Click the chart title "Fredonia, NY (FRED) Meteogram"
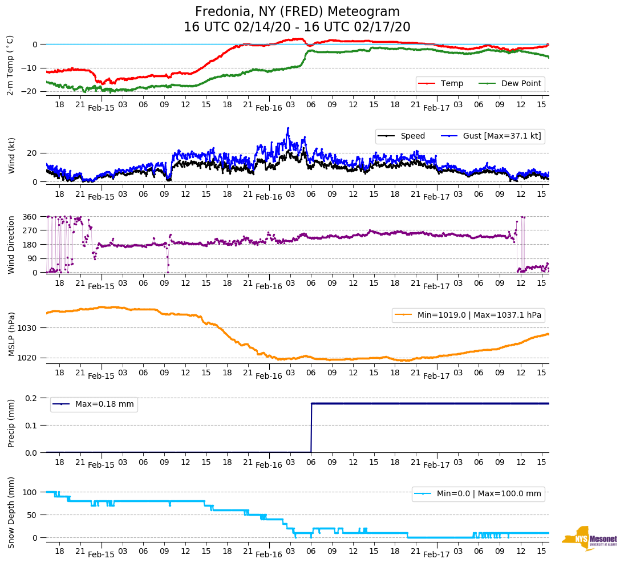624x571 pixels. [297, 11]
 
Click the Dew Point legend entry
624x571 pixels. [509, 83]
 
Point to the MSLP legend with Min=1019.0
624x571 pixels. [468, 315]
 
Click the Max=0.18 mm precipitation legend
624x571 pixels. [94, 404]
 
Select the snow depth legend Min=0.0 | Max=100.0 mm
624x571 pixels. [478, 493]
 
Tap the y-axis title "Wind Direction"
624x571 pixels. [11, 245]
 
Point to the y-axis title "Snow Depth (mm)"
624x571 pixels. [11, 512]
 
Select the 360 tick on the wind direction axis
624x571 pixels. [30, 217]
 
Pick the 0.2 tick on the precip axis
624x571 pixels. [31, 398]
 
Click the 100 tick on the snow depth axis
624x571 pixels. [30, 492]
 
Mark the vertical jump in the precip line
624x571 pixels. [311, 428]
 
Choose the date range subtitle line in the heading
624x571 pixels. [297, 27]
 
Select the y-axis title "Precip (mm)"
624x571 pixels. [11, 425]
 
